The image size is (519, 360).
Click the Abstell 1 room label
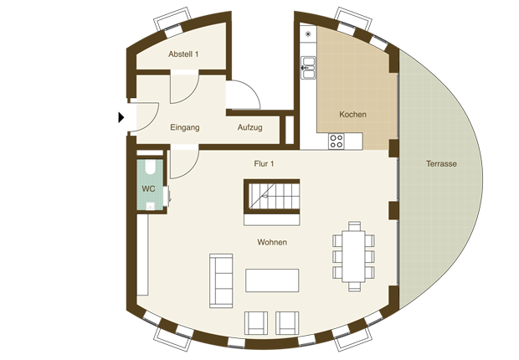pos(183,54)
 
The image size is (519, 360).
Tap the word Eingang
pos(185,127)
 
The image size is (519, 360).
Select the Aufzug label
pos(250,127)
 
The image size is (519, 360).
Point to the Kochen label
pos(353,115)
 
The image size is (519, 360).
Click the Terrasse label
pos(441,163)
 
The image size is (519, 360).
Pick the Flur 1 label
pos(264,163)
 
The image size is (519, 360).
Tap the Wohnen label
pos(272,242)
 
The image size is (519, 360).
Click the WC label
pos(148,188)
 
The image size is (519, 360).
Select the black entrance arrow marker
pos(121,117)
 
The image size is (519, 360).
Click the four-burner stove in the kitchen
pos(337,141)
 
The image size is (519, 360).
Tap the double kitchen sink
pos(308,68)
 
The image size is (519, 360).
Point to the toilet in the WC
pos(150,167)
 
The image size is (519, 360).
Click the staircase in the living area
pos(272,197)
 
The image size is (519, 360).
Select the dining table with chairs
pos(353,257)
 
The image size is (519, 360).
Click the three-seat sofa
pos(221,280)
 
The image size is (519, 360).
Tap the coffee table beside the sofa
pos(272,280)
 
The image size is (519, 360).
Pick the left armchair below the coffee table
pos(256,323)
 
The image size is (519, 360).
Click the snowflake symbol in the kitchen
pos(308,33)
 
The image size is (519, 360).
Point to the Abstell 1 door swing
pos(184,87)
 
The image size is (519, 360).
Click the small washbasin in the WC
pos(151,206)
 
